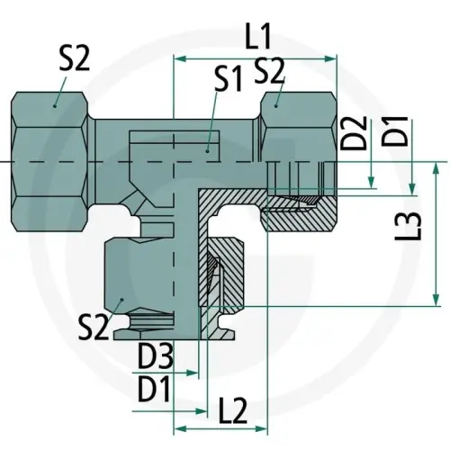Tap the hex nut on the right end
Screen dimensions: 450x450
(x=297, y=135)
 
